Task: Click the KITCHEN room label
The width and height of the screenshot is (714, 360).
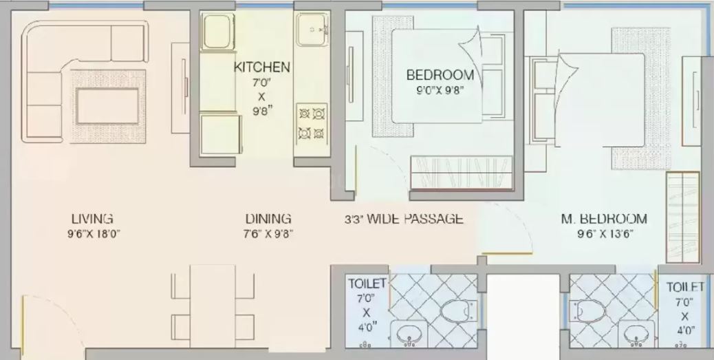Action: [262, 67]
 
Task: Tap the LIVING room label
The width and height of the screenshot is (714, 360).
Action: [92, 218]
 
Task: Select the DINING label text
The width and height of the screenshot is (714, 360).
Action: [268, 219]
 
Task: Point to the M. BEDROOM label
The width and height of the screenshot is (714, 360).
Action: [603, 219]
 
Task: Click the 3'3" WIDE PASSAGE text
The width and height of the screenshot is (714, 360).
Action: [404, 219]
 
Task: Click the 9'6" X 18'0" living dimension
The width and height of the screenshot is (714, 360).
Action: [94, 234]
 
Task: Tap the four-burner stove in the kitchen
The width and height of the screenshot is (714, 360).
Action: [312, 123]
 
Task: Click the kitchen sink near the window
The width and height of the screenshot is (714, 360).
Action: [312, 30]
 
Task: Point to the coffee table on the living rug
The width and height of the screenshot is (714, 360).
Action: [107, 106]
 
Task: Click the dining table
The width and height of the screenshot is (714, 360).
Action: [213, 306]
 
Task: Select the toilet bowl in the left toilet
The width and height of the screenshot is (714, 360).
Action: [457, 311]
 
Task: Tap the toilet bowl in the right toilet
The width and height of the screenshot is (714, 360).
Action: [589, 312]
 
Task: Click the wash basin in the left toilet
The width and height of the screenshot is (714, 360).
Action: [409, 335]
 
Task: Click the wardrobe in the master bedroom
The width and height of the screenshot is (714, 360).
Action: [682, 217]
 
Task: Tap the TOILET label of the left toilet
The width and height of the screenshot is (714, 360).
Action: [367, 284]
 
